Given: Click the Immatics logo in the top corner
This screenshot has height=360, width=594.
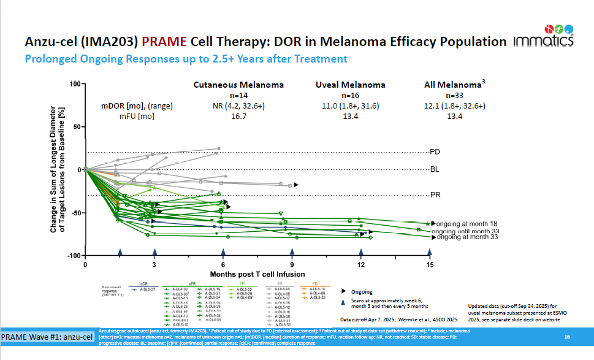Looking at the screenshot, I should (544, 36).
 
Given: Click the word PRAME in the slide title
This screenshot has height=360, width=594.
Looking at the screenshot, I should (164, 42).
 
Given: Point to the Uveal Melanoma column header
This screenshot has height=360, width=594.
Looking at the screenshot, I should (350, 85).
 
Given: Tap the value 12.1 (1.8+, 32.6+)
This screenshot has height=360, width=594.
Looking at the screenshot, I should (455, 105).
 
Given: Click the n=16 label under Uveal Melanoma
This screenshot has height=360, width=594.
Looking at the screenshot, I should (350, 96).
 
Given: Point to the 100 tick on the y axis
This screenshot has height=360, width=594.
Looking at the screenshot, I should (75, 83).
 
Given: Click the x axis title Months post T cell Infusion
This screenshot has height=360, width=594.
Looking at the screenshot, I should (257, 274).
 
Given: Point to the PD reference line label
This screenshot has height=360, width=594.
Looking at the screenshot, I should (435, 151).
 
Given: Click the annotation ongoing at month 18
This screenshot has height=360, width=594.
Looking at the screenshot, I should (466, 224).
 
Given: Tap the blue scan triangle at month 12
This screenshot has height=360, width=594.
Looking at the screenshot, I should (361, 252).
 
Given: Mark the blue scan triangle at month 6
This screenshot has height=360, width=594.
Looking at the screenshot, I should (223, 252).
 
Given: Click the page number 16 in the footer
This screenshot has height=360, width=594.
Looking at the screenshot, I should (567, 337).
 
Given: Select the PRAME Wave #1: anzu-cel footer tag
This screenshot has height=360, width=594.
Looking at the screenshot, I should (47, 337).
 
